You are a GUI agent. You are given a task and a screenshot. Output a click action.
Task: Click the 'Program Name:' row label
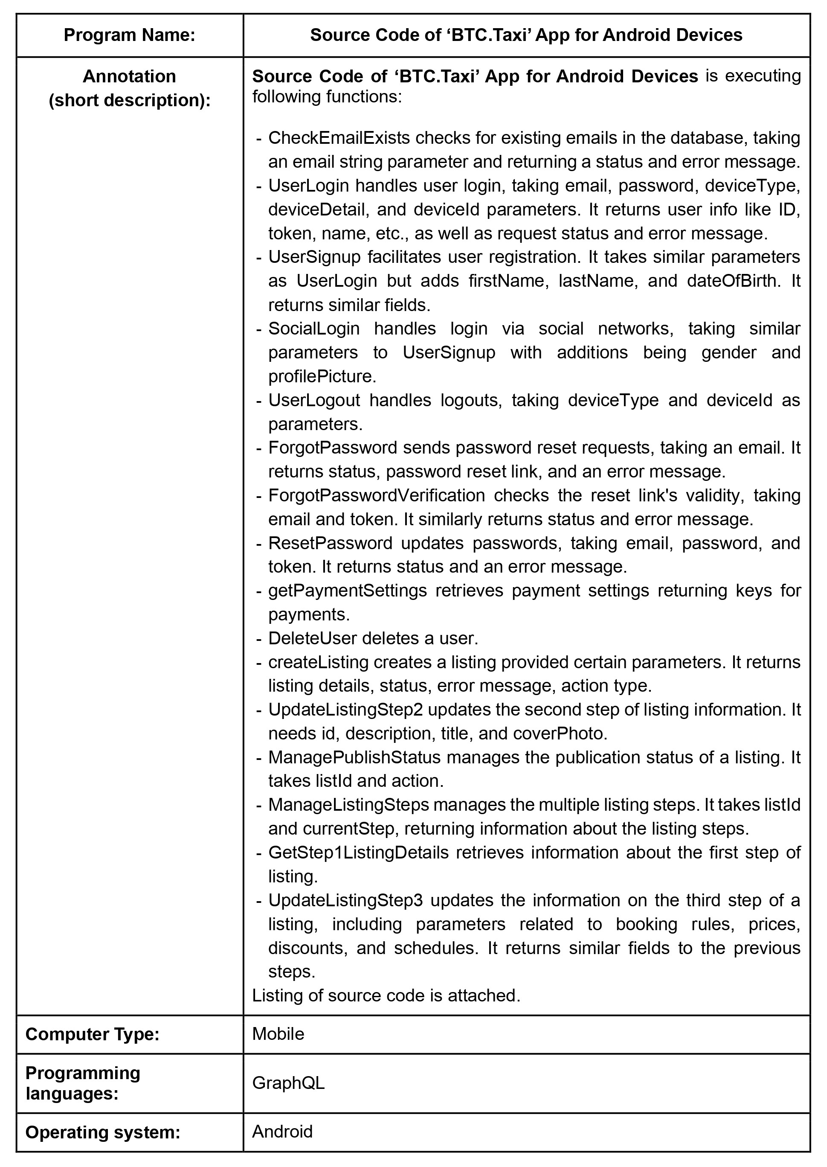(x=129, y=35)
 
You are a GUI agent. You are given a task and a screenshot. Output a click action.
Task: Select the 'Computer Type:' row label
(x=92, y=1034)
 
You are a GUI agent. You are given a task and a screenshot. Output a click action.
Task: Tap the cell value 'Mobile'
(x=278, y=1033)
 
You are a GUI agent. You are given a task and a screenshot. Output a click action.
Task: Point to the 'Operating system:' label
(x=103, y=1132)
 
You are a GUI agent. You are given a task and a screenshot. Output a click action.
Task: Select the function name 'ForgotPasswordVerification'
(x=376, y=495)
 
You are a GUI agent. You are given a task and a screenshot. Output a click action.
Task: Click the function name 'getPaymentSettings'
(x=347, y=591)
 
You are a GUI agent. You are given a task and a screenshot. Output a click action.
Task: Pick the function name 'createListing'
(x=318, y=662)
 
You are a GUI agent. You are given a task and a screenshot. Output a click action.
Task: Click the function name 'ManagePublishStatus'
(x=354, y=757)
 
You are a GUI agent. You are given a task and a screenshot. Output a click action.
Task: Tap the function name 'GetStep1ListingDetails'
(x=358, y=852)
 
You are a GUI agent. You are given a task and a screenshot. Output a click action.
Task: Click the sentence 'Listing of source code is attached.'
(x=386, y=995)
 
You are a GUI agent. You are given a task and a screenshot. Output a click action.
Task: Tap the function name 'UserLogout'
(x=313, y=400)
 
